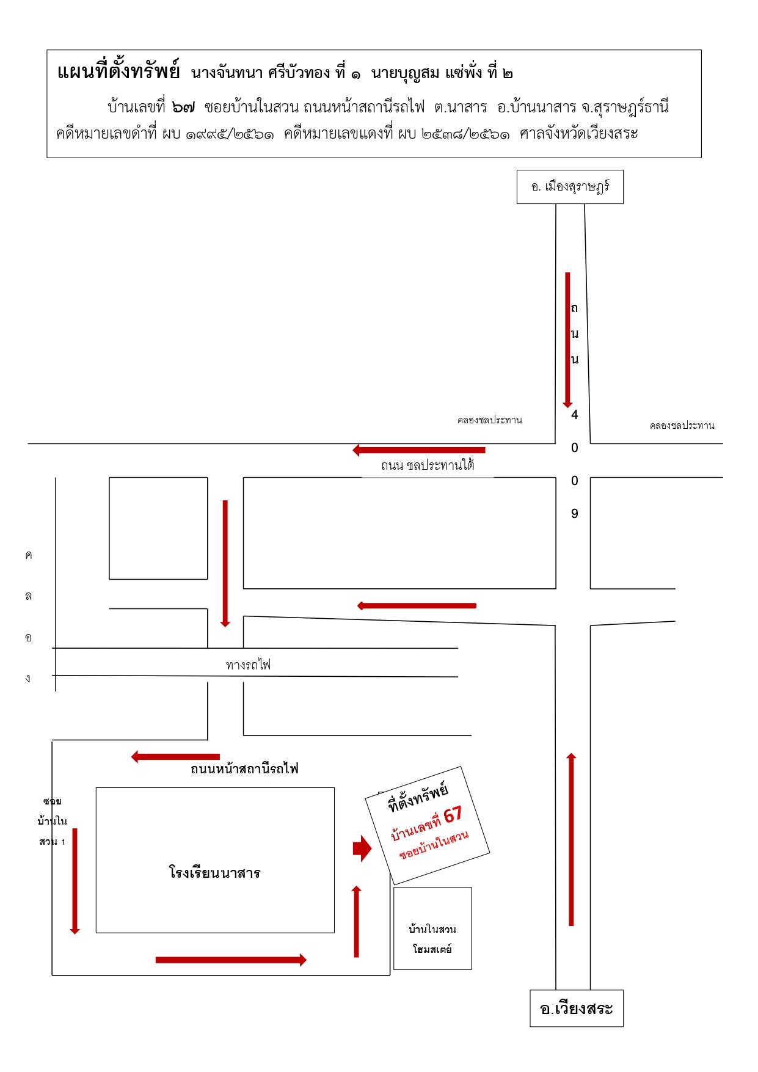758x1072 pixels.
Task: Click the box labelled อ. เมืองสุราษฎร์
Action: pos(570,187)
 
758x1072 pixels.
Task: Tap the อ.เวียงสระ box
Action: pos(577,1008)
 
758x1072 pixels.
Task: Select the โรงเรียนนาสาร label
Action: pos(214,872)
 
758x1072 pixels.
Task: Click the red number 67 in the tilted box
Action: pos(453,815)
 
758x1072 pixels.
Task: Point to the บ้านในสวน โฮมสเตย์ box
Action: pos(432,928)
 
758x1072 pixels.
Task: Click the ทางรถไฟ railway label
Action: pos(248,664)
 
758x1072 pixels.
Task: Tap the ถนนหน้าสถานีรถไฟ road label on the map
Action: pos(244,768)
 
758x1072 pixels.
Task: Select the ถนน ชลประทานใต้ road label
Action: pos(428,465)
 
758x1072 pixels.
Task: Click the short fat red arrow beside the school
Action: pos(362,848)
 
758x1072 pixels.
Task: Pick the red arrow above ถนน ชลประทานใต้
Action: pos(419,450)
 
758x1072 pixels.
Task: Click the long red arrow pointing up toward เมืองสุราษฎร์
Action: pos(571,839)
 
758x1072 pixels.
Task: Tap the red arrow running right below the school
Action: pos(231,960)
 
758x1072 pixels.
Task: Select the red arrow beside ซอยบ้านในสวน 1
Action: pos(75,881)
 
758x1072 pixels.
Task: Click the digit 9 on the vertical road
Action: pos(575,514)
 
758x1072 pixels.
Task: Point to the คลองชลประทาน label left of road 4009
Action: pos(490,420)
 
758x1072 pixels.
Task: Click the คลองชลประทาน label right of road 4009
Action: pos(682,425)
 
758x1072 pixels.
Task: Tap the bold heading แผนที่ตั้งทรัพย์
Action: pos(118,72)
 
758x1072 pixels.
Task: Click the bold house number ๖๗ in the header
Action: pos(183,107)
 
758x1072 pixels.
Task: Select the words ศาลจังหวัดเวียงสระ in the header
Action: pos(578,133)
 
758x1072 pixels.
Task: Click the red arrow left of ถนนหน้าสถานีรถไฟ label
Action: pos(175,757)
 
